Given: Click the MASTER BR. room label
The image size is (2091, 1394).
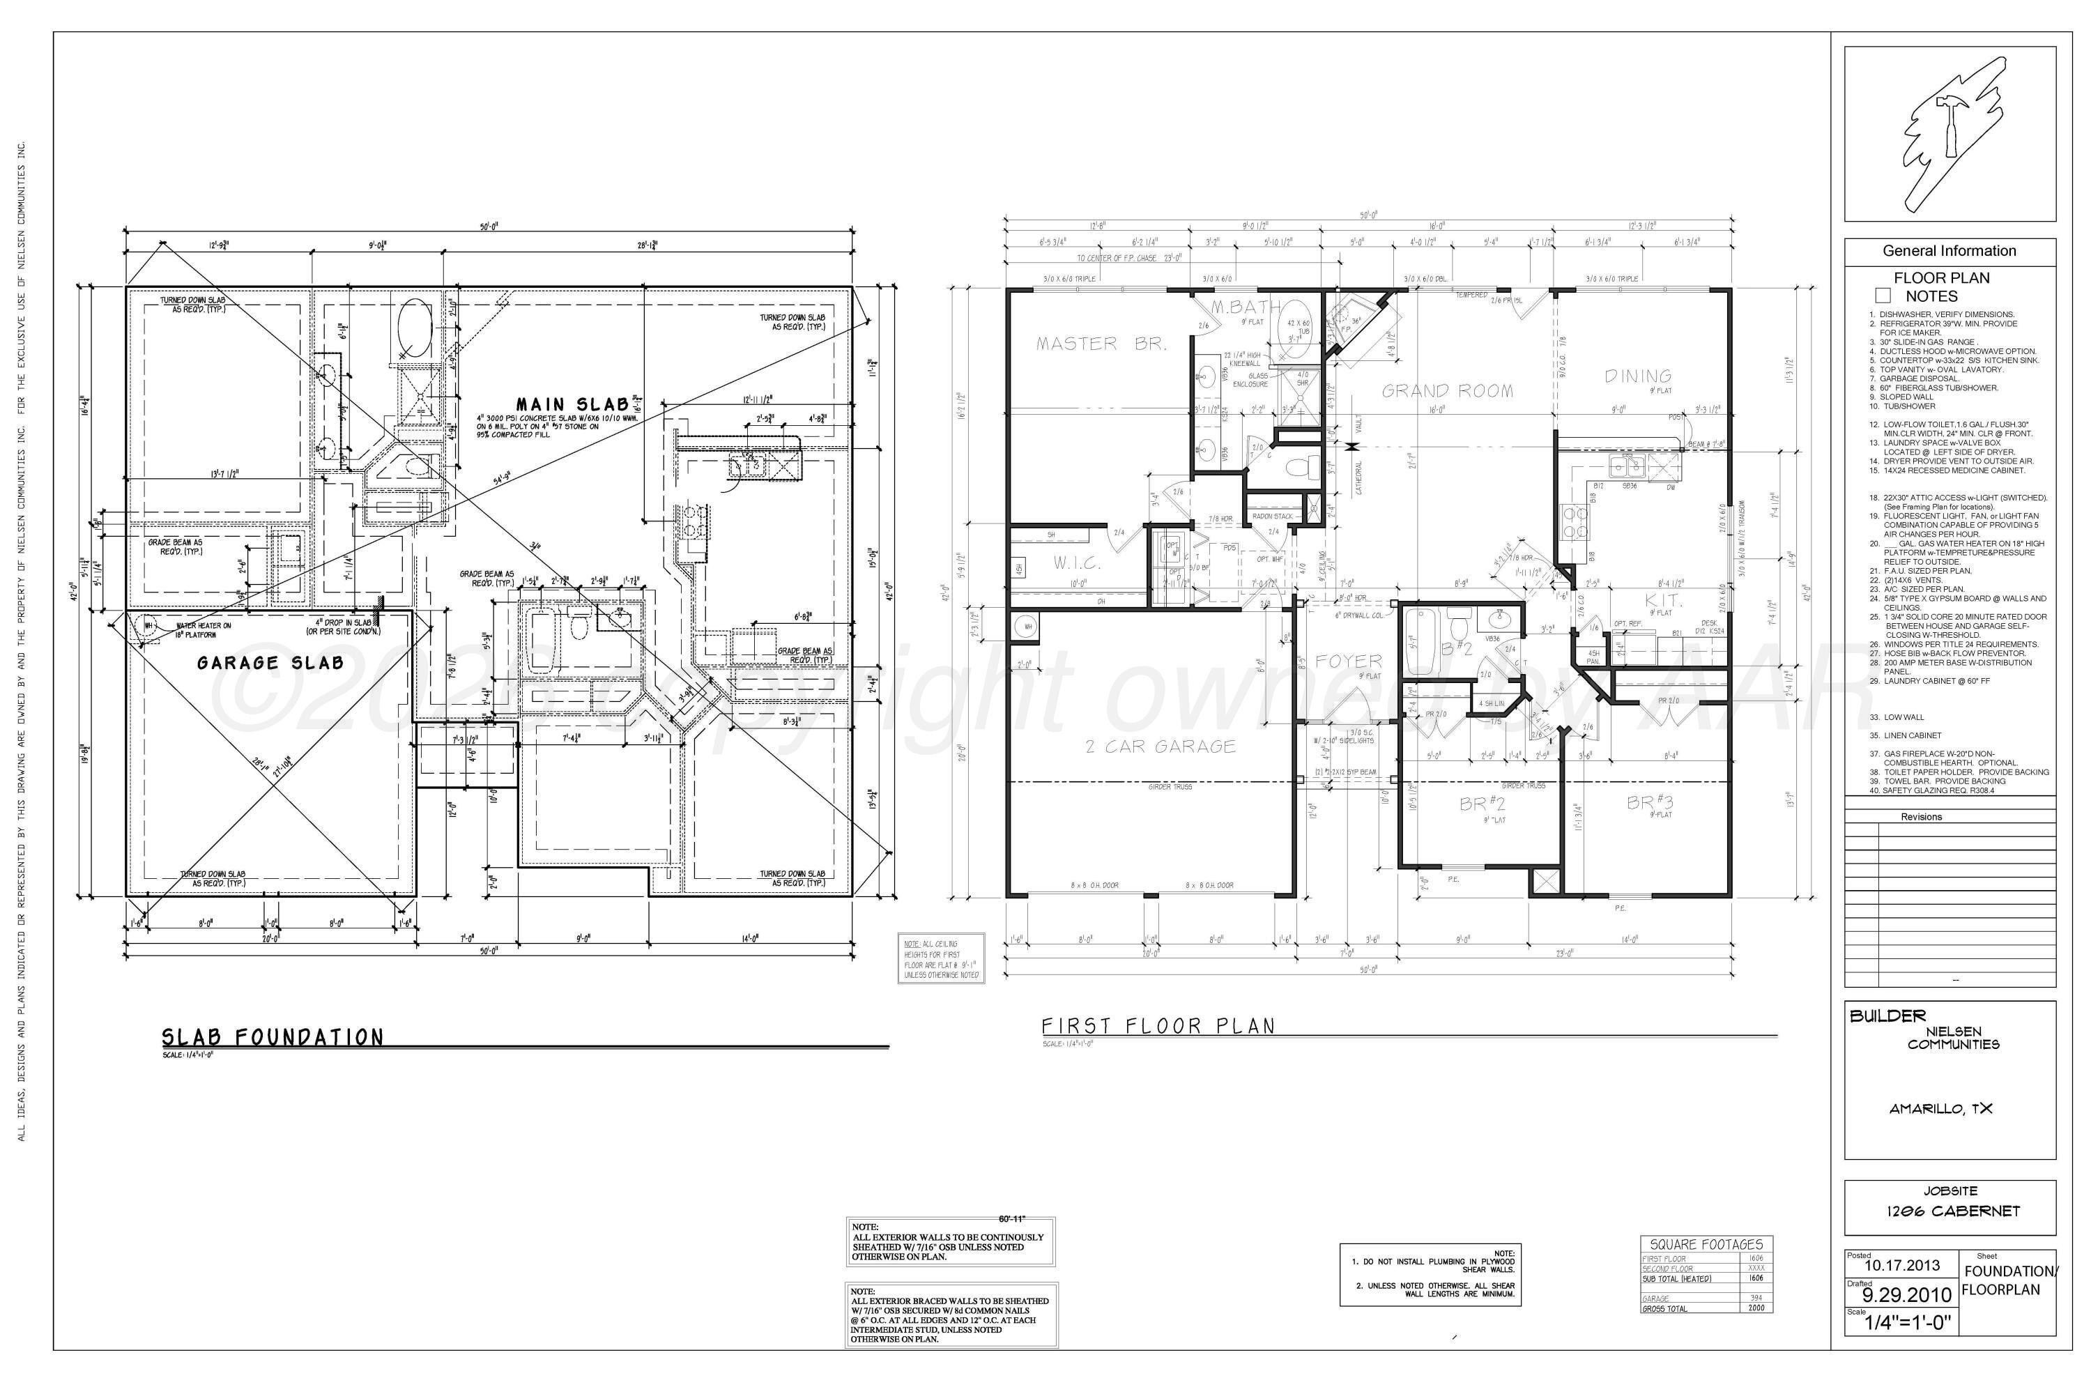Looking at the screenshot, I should click(1101, 344).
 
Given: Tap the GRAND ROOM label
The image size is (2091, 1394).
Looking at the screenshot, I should click(1446, 390).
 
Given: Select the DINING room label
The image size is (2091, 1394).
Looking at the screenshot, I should click(1637, 376).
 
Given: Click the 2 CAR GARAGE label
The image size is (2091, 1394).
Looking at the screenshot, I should click(1161, 746).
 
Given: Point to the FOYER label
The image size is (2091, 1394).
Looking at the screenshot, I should click(1349, 661).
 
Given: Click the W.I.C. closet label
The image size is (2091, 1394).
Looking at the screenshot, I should click(1077, 562).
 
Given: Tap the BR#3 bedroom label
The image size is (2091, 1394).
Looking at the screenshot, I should click(1650, 803).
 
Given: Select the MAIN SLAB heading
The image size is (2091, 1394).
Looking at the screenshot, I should click(572, 404).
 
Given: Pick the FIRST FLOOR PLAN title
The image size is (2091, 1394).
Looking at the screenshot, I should click(1158, 1026).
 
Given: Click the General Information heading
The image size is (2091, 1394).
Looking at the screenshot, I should click(1949, 251).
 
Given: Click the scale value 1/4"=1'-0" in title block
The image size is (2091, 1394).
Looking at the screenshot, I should click(1908, 1322).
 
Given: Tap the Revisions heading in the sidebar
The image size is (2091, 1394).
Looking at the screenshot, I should click(1920, 816).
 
